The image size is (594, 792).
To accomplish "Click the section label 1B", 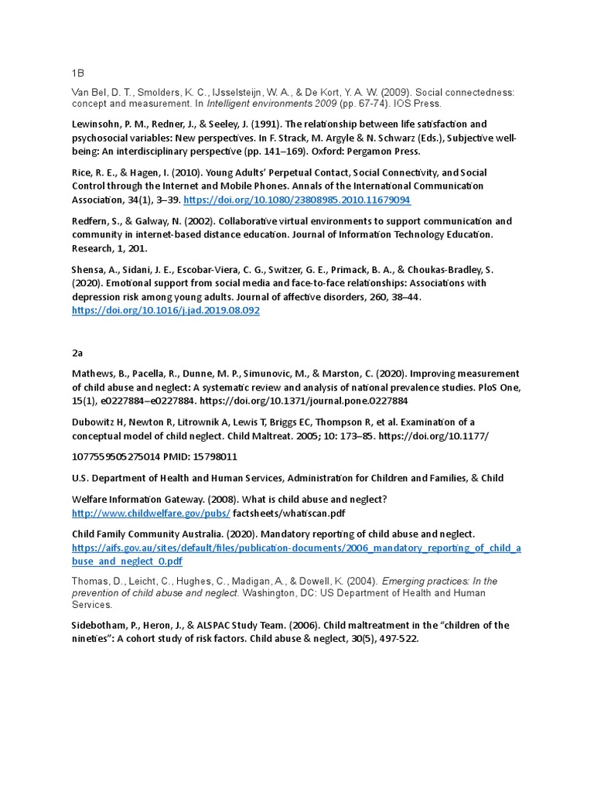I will (x=77, y=73).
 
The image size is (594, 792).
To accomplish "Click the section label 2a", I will (x=77, y=353).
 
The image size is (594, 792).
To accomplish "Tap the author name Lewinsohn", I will (x=96, y=125).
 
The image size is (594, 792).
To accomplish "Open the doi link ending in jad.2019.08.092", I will (x=166, y=310).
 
